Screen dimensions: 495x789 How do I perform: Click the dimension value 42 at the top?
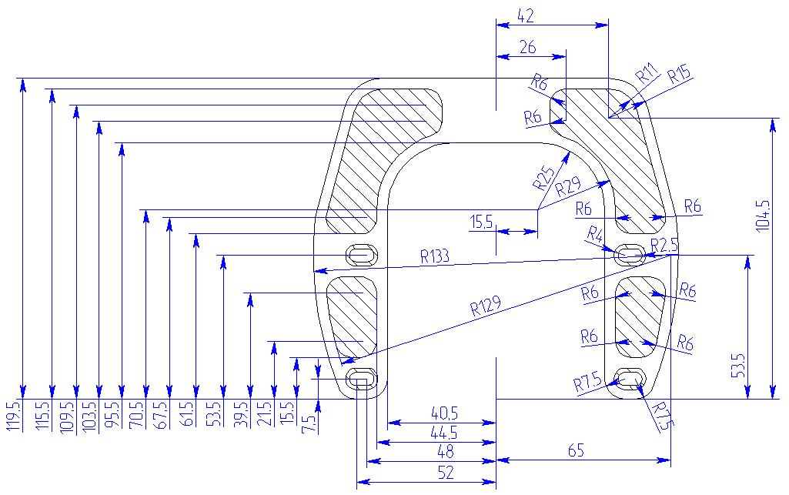(x=527, y=15)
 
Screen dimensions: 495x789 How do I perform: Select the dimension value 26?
(x=527, y=47)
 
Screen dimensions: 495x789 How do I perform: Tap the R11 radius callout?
(x=647, y=75)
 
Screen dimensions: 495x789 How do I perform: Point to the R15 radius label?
(x=679, y=75)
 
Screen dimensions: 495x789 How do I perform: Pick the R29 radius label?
(x=568, y=188)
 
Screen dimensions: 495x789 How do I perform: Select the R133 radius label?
(x=436, y=256)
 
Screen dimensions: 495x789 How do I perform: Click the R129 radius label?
(x=486, y=307)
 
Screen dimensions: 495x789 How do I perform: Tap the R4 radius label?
(x=595, y=233)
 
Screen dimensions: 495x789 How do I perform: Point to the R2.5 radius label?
(x=664, y=245)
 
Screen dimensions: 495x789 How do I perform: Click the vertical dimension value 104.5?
(x=763, y=216)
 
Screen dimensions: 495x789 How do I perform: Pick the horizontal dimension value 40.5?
(x=446, y=413)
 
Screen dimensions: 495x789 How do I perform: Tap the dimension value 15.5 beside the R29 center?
(x=482, y=222)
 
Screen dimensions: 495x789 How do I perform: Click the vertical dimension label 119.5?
(x=12, y=416)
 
